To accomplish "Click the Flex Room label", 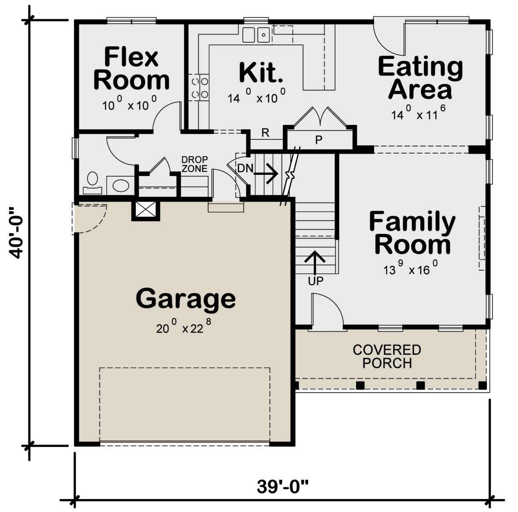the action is (132, 68).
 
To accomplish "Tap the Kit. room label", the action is (261, 73).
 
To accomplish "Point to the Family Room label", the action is (412, 233).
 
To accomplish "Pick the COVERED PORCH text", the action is (387, 357).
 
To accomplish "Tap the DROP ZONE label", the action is (194, 164).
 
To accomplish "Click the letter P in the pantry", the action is (319, 140).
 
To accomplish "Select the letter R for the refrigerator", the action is (265, 133).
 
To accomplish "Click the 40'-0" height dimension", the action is (16, 233).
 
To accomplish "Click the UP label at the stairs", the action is (316, 281).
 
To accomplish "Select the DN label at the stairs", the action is (245, 168).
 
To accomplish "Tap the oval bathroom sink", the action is (121, 186).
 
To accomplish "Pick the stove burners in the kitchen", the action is (199, 88).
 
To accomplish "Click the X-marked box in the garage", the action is (145, 210).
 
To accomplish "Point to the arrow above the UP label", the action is (315, 263).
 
